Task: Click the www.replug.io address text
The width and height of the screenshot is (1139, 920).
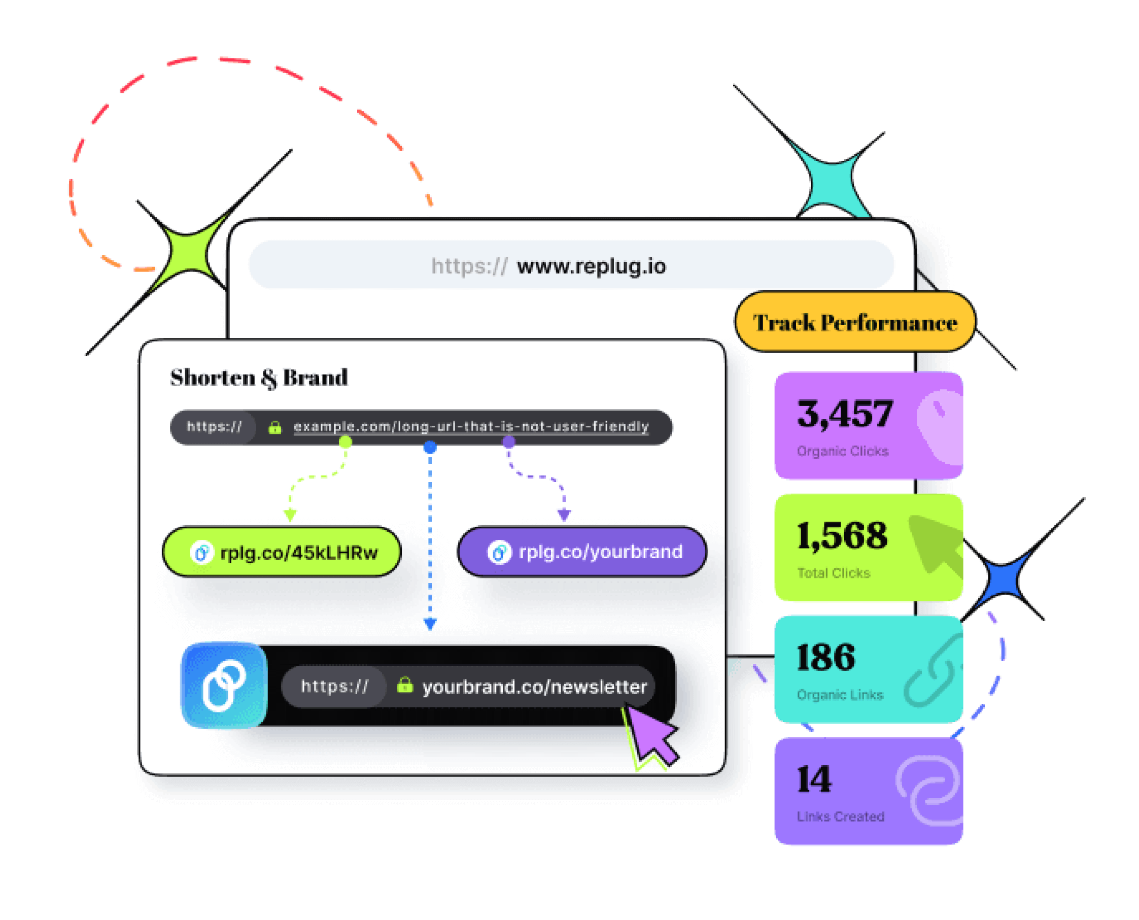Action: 591,266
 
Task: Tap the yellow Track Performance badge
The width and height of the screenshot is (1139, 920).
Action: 854,322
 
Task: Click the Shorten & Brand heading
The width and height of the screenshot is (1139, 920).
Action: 259,378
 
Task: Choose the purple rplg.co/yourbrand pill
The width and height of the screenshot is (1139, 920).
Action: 582,552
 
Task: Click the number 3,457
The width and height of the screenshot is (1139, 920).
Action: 844,414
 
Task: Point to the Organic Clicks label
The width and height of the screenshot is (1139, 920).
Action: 842,451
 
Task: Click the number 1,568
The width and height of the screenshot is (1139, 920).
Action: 842,535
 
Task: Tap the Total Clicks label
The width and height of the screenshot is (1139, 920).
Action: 834,573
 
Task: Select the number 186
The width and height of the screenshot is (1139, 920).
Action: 825,657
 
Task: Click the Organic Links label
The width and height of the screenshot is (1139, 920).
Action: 840,695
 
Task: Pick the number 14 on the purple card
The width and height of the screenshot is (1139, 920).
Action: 814,779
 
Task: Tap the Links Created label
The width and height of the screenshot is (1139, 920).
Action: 840,816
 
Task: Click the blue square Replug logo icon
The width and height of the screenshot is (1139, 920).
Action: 224,685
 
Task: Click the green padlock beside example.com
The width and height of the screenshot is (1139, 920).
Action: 274,427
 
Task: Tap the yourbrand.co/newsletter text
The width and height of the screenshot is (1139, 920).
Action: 534,687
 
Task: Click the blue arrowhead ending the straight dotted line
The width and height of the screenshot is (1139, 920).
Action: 430,624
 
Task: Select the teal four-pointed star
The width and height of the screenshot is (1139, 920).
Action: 829,179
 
